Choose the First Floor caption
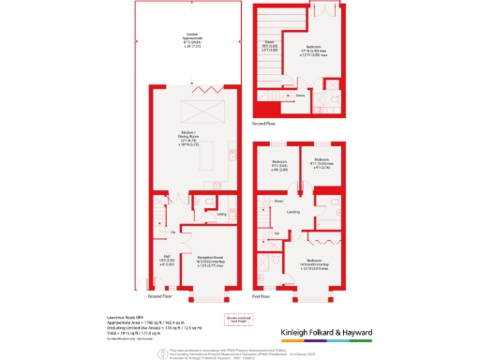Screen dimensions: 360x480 [262, 295]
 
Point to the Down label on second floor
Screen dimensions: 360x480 [301, 95]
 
